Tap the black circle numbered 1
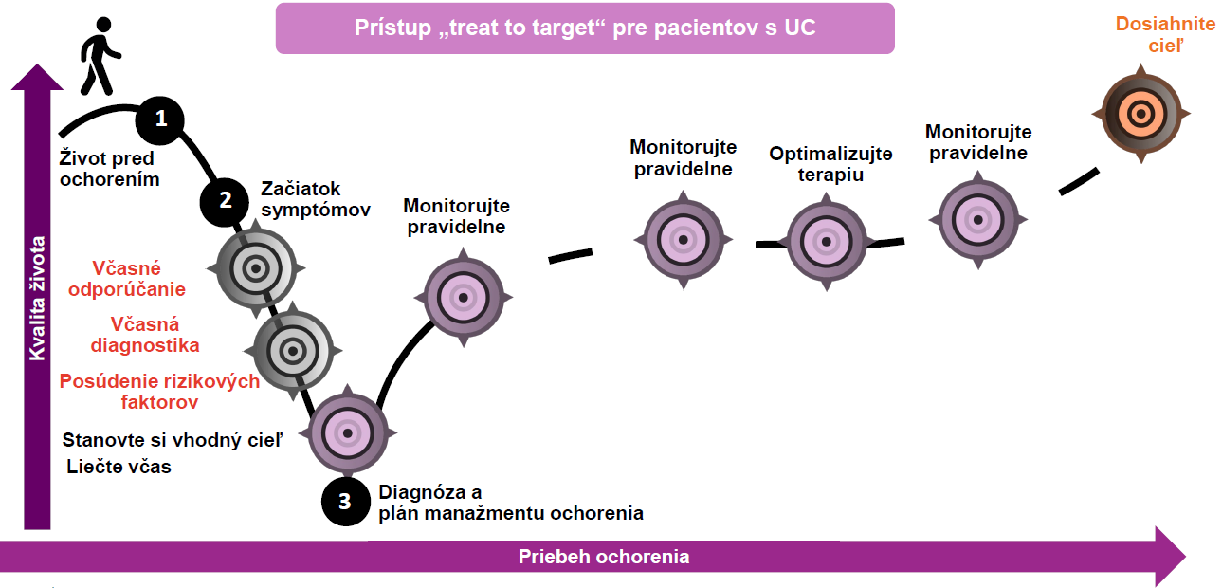[160, 119]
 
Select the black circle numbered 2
[226, 200]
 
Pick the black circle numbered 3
[345, 501]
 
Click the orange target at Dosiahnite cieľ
[1142, 114]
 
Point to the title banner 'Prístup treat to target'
[585, 28]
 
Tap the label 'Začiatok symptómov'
[315, 199]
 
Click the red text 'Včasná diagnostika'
[144, 334]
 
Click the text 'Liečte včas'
[119, 467]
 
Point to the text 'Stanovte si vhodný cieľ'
[172, 440]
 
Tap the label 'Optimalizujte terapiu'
[830, 164]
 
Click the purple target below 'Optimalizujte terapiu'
[827, 242]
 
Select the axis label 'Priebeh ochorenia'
[604, 557]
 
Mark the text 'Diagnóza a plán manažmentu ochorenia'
[510, 503]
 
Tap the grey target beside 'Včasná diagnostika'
[293, 350]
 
